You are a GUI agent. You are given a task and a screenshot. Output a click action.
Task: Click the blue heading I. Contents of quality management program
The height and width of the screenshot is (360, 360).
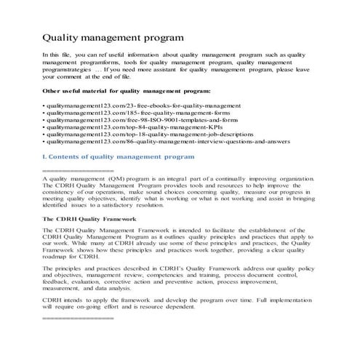pyautogui.click(x=119, y=156)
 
